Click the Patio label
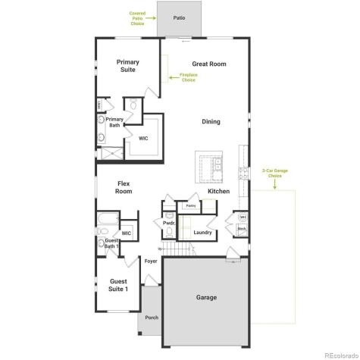click(179, 17)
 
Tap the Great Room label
click(208, 64)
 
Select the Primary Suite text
click(127, 66)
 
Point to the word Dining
click(211, 121)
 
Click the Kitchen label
click(218, 191)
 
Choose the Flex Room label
click(124, 187)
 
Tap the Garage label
click(206, 297)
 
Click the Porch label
click(152, 318)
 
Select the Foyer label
click(152, 261)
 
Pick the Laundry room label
click(202, 232)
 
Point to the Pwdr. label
click(170, 224)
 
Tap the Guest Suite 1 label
click(118, 285)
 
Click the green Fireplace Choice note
click(187, 77)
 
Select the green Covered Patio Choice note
click(137, 19)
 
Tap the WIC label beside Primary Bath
click(143, 138)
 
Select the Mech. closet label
click(241, 228)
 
